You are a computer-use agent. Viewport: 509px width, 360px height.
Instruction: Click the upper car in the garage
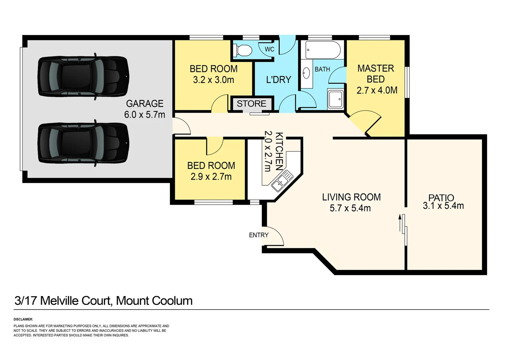coord(83,77)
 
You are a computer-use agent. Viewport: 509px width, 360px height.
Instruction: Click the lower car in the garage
coord(83,143)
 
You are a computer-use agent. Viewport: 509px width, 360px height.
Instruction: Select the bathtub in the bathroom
coord(323,50)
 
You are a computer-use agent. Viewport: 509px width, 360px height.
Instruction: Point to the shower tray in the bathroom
coord(335,99)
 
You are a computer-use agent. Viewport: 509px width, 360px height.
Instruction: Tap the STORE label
coord(252,104)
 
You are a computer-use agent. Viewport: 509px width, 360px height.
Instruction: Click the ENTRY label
coord(258,235)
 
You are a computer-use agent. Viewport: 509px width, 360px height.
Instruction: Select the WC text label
coord(269,49)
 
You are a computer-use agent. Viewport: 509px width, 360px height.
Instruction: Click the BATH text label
coord(322,69)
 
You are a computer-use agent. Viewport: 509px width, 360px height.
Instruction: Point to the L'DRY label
coord(278,80)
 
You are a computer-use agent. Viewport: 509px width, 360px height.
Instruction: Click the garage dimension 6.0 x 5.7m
coord(145,115)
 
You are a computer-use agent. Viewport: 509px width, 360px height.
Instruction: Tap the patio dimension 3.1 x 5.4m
coord(443,206)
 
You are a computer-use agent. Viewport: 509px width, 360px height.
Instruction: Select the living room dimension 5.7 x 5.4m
coord(350,208)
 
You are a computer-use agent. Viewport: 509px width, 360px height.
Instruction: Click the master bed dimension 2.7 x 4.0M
coord(377,90)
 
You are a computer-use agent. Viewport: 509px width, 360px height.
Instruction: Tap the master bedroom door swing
coord(365,122)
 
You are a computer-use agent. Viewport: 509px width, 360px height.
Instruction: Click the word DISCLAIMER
coord(23,319)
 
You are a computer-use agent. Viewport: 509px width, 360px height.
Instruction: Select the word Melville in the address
coord(75,301)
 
